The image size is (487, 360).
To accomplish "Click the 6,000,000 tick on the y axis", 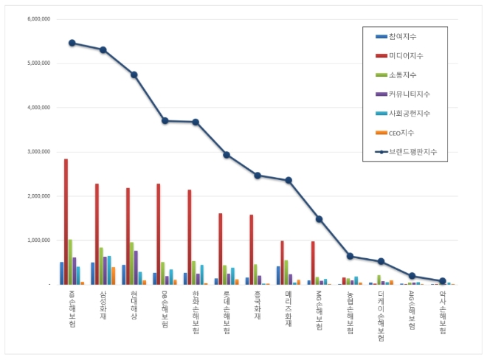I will [35, 19].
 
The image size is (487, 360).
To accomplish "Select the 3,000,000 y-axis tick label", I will [35, 152].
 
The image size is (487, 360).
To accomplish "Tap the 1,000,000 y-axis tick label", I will [35, 240].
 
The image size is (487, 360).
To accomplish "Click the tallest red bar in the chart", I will [66, 221].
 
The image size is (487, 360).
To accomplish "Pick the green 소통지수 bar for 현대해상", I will [132, 263].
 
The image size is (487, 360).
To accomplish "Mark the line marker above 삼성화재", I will [103, 50].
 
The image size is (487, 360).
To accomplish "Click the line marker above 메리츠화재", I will [289, 180].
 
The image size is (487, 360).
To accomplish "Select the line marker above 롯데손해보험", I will [227, 155].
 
